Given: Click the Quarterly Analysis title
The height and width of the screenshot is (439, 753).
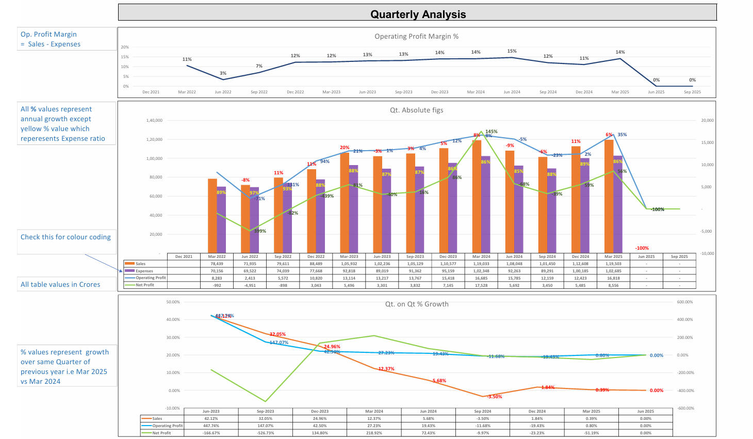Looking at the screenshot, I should [418, 14].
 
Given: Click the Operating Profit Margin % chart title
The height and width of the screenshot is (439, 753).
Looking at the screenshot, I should [416, 36].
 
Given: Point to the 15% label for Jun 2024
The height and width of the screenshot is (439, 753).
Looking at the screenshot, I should [512, 51].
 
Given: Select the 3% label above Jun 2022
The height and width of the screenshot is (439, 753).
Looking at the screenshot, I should [223, 73].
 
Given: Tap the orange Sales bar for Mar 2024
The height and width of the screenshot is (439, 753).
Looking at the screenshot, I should [477, 196].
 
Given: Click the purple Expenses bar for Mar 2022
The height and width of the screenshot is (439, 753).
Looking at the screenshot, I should [221, 219].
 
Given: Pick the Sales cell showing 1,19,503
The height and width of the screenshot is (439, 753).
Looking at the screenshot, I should [613, 264].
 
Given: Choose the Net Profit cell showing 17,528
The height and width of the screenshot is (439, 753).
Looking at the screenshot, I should [481, 285].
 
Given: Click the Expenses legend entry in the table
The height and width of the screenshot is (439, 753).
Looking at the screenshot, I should [144, 271].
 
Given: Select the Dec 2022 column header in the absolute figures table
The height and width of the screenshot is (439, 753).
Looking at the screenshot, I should [316, 256].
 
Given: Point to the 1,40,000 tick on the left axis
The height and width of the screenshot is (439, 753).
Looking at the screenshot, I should [154, 120].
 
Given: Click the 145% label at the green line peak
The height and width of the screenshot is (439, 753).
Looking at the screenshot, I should [492, 132].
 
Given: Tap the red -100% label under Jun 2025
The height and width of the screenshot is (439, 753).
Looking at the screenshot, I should [642, 248].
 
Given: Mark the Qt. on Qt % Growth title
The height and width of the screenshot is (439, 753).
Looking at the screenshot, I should [417, 304].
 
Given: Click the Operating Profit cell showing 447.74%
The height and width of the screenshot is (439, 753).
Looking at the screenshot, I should [211, 426].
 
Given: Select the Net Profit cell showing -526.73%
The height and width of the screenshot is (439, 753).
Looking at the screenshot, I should [265, 433].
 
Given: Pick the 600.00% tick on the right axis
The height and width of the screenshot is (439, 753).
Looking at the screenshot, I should [685, 302].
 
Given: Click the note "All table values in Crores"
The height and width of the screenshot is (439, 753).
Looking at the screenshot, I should [60, 284].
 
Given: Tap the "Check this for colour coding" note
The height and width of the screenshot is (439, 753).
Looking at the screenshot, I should [66, 237].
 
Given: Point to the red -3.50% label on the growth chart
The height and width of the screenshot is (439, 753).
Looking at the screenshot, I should [494, 397].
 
